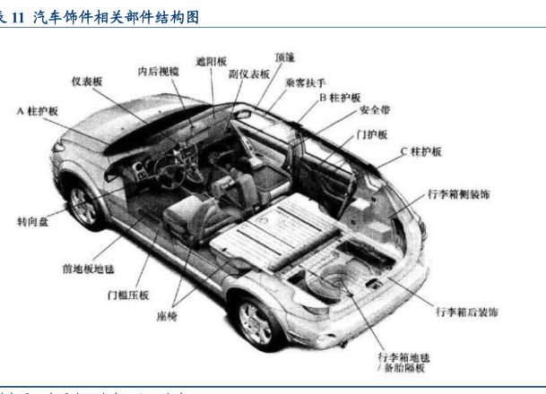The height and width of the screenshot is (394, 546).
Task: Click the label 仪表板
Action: click(x=88, y=81)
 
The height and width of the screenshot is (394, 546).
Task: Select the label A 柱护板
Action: click(x=38, y=111)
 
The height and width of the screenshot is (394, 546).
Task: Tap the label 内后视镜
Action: click(x=158, y=71)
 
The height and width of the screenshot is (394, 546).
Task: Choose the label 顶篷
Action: click(x=285, y=57)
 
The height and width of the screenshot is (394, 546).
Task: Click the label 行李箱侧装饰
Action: click(x=458, y=193)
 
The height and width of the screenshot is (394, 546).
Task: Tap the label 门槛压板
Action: click(x=128, y=295)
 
